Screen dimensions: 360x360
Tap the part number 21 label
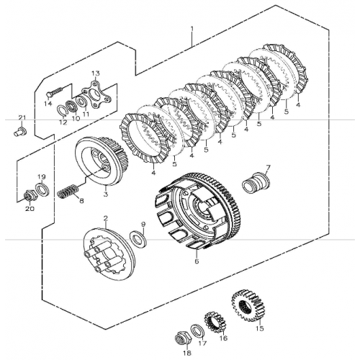pos(22,117)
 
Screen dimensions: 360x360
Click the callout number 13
pos(95,73)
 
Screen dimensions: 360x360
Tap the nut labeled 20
pos(30,194)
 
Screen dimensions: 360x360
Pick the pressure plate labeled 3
pos(102,162)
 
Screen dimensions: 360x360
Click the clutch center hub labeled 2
pos(107,253)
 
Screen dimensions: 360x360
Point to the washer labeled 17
pos(197,330)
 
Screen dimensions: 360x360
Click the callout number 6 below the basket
pos(197,262)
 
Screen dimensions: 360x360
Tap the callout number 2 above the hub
pos(105,218)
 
